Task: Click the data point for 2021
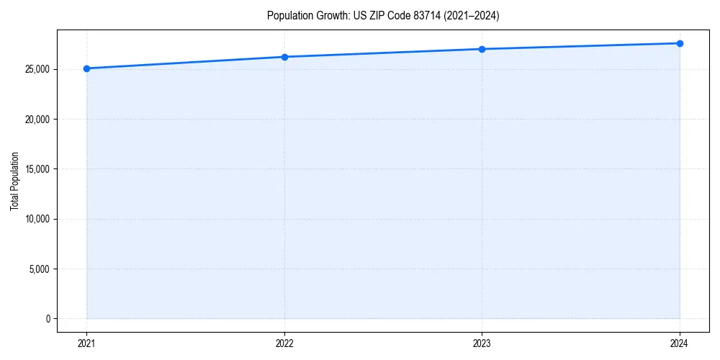[x=86, y=68]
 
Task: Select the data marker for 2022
[x=284, y=57]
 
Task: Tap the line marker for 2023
[x=482, y=49]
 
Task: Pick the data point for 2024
[x=680, y=43]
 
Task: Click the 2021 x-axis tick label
[x=86, y=343]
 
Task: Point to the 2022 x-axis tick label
[x=284, y=343]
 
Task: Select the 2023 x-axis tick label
[x=482, y=343]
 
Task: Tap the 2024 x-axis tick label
[x=680, y=343]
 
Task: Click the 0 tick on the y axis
[x=48, y=319]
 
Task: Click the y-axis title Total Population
[x=14, y=181]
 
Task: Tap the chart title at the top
[x=383, y=16]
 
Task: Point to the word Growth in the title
[x=332, y=16]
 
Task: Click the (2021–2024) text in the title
[x=473, y=16]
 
